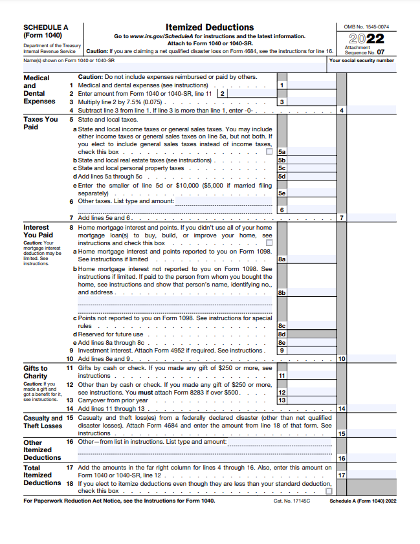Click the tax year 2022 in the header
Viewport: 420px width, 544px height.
pos(366,38)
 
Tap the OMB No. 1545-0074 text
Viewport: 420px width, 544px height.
pos(366,27)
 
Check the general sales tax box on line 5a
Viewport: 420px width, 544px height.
pos(270,152)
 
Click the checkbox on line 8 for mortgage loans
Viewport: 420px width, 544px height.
pos(270,243)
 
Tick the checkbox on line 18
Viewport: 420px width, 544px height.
pos(329,491)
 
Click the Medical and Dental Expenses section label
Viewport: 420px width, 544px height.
pos(39,89)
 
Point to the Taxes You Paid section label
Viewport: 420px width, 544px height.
pos(40,123)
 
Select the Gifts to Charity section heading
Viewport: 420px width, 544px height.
pos(36,372)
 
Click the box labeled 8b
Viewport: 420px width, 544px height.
pos(282,293)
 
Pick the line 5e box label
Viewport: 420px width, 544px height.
pos(282,193)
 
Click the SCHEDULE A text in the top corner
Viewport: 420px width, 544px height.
pos(45,27)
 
